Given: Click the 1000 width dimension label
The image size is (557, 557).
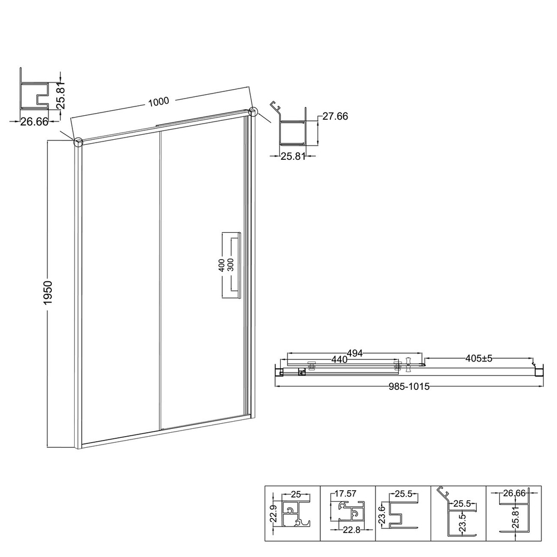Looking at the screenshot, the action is (x=158, y=102).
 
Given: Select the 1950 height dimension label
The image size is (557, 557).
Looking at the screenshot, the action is (x=47, y=292).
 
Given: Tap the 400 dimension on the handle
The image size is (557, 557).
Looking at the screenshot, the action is (x=221, y=265).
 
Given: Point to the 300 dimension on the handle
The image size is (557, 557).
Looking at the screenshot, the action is (x=231, y=265).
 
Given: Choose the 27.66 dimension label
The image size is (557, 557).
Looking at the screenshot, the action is (x=335, y=116).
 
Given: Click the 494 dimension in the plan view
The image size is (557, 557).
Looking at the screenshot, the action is (x=354, y=354).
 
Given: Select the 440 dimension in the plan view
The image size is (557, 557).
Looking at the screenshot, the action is (x=339, y=359).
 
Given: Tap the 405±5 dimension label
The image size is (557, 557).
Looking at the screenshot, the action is (x=479, y=358).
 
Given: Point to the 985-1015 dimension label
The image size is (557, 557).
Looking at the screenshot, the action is (x=409, y=387).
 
